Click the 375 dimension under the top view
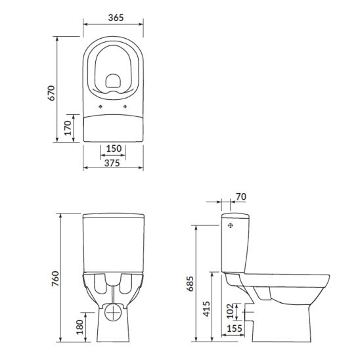pyautogui.click(x=112, y=164)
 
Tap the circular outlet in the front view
pyautogui.click(x=114, y=311)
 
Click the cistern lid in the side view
pyautogui.click(x=235, y=215)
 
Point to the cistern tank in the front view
pyautogui.click(x=113, y=243)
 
